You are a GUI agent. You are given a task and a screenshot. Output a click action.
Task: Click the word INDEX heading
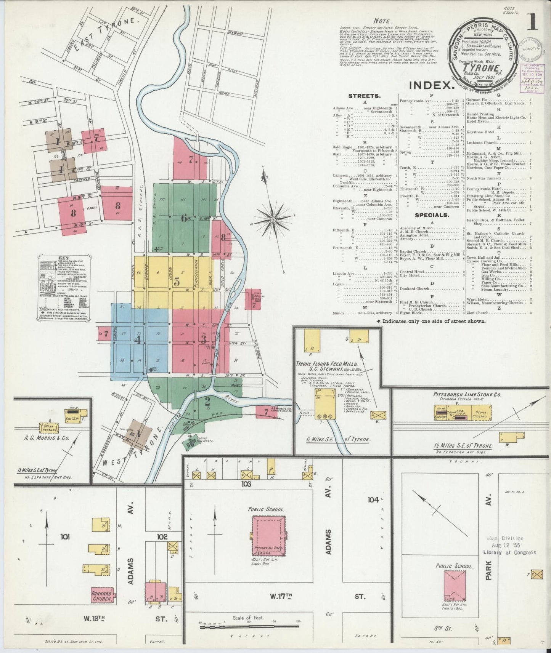(x=432, y=85)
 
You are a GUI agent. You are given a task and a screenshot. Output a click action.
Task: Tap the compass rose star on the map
(x=273, y=220)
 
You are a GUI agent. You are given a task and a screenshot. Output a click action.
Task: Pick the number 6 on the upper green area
(x=184, y=218)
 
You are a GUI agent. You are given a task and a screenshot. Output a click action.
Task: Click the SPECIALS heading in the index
(x=432, y=215)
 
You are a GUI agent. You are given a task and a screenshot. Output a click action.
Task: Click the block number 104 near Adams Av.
(x=373, y=499)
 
